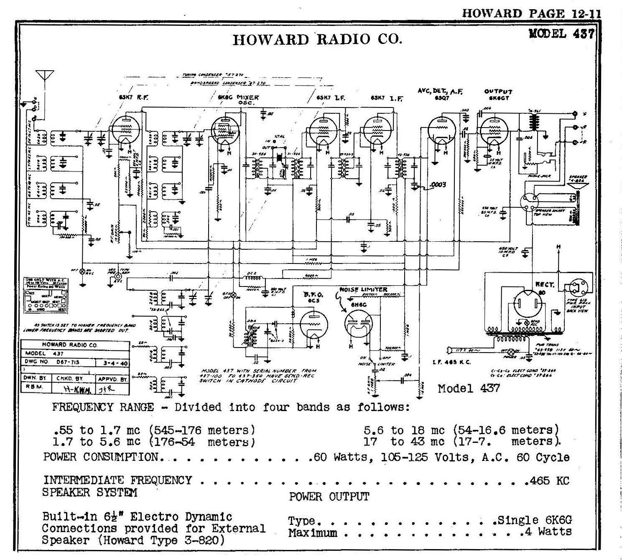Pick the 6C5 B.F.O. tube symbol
314,326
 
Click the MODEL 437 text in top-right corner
561,33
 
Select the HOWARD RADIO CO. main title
318,39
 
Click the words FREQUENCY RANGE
103,407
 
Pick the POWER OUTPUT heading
329,497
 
